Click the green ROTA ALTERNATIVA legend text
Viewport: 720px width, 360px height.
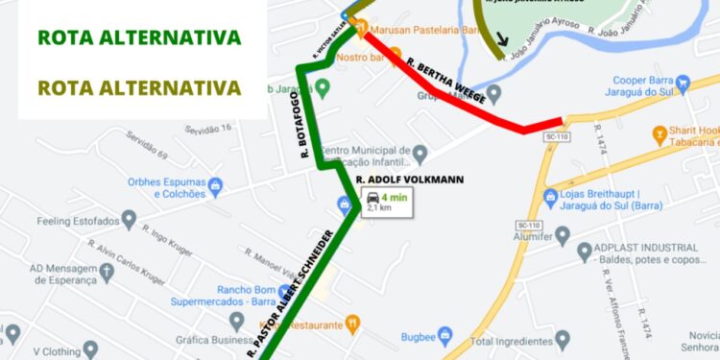pos(139,38)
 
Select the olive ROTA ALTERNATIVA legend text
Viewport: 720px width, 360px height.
pos(139,87)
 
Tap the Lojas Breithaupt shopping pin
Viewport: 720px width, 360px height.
pos(550,198)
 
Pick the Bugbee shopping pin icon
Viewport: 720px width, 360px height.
pos(444,335)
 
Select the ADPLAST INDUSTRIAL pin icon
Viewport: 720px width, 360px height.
pos(585,252)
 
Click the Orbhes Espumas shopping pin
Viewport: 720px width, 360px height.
pos(215,183)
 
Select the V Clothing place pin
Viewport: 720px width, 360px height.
pos(90,349)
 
